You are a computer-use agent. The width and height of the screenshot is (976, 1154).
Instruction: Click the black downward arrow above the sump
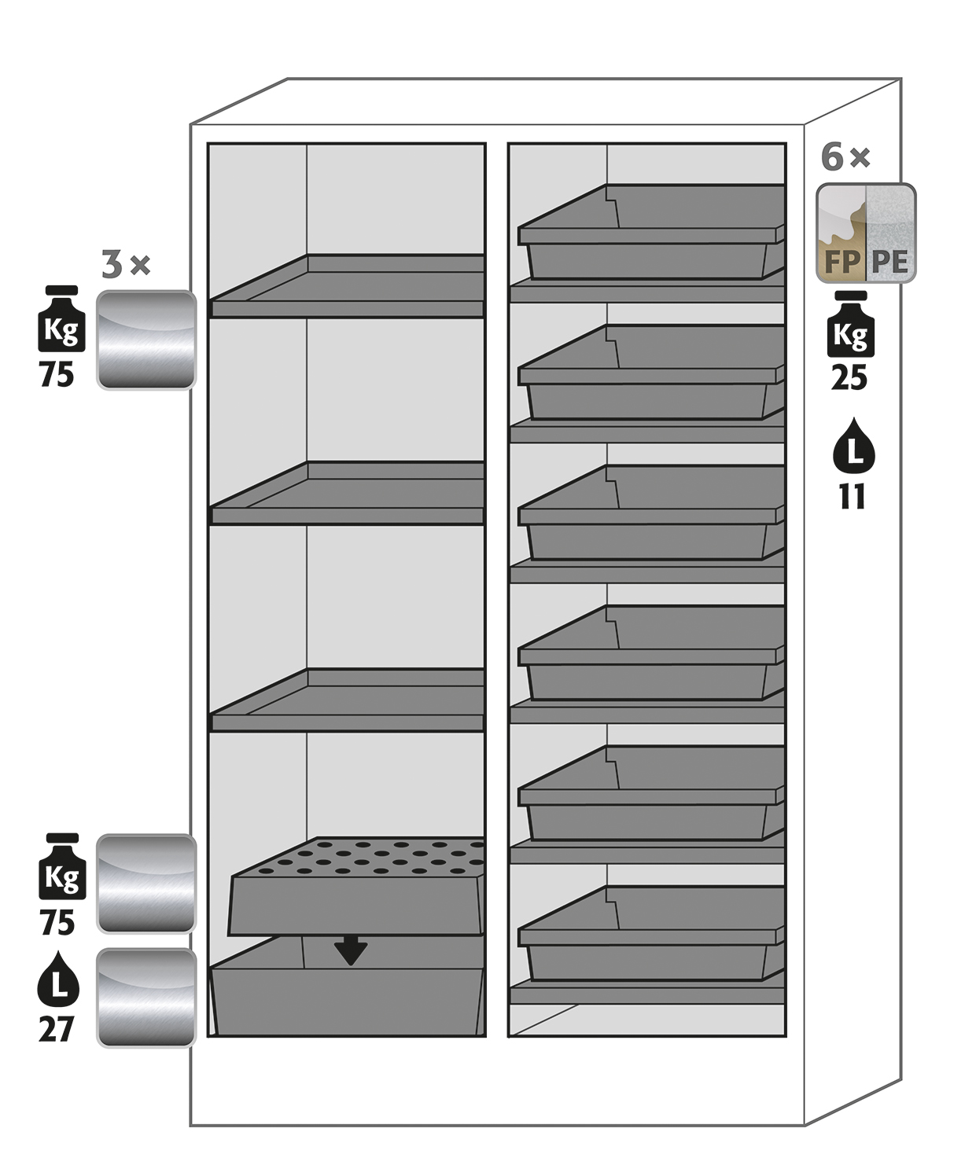350,950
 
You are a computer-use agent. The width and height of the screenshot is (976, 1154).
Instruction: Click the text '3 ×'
125,265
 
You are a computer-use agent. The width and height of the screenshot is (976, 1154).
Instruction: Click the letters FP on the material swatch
841,262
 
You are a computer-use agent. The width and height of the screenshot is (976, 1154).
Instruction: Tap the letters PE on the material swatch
890,262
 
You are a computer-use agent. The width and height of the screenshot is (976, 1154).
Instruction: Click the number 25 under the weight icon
849,378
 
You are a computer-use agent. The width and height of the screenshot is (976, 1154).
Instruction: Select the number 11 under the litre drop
852,497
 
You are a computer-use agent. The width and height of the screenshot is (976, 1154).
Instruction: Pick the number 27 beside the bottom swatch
56,1029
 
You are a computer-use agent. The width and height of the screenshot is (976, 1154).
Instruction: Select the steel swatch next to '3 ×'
146,340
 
